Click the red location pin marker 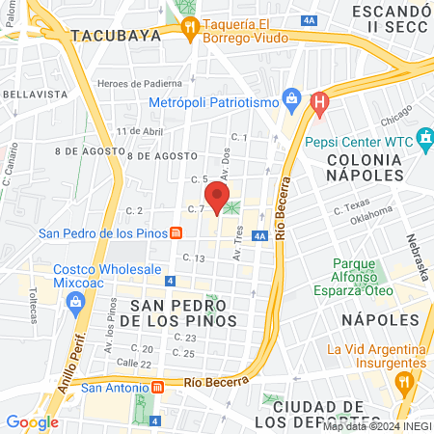(x=218, y=199)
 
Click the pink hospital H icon (x=321, y=99)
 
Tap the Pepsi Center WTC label (x=359, y=140)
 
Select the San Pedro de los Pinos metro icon (x=176, y=233)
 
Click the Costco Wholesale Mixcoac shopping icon (x=74, y=303)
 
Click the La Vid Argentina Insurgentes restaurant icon (x=405, y=381)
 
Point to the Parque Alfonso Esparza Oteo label (x=375, y=275)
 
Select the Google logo (x=32, y=421)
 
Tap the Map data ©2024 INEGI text (x=376, y=425)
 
